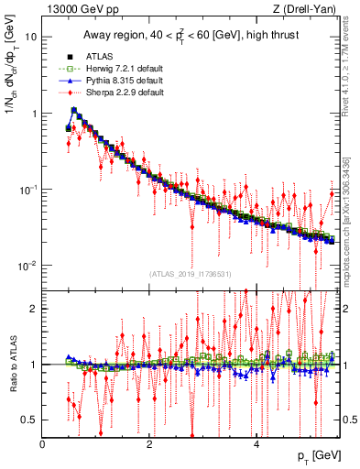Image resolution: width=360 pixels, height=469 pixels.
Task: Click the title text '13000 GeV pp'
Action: (76, 10)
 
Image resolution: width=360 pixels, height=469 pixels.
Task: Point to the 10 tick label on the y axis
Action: (30, 38)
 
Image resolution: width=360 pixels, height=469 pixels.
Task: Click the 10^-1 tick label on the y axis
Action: (28, 190)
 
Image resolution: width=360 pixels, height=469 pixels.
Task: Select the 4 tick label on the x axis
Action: (256, 442)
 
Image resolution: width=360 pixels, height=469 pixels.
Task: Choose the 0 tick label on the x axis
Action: (43, 442)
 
